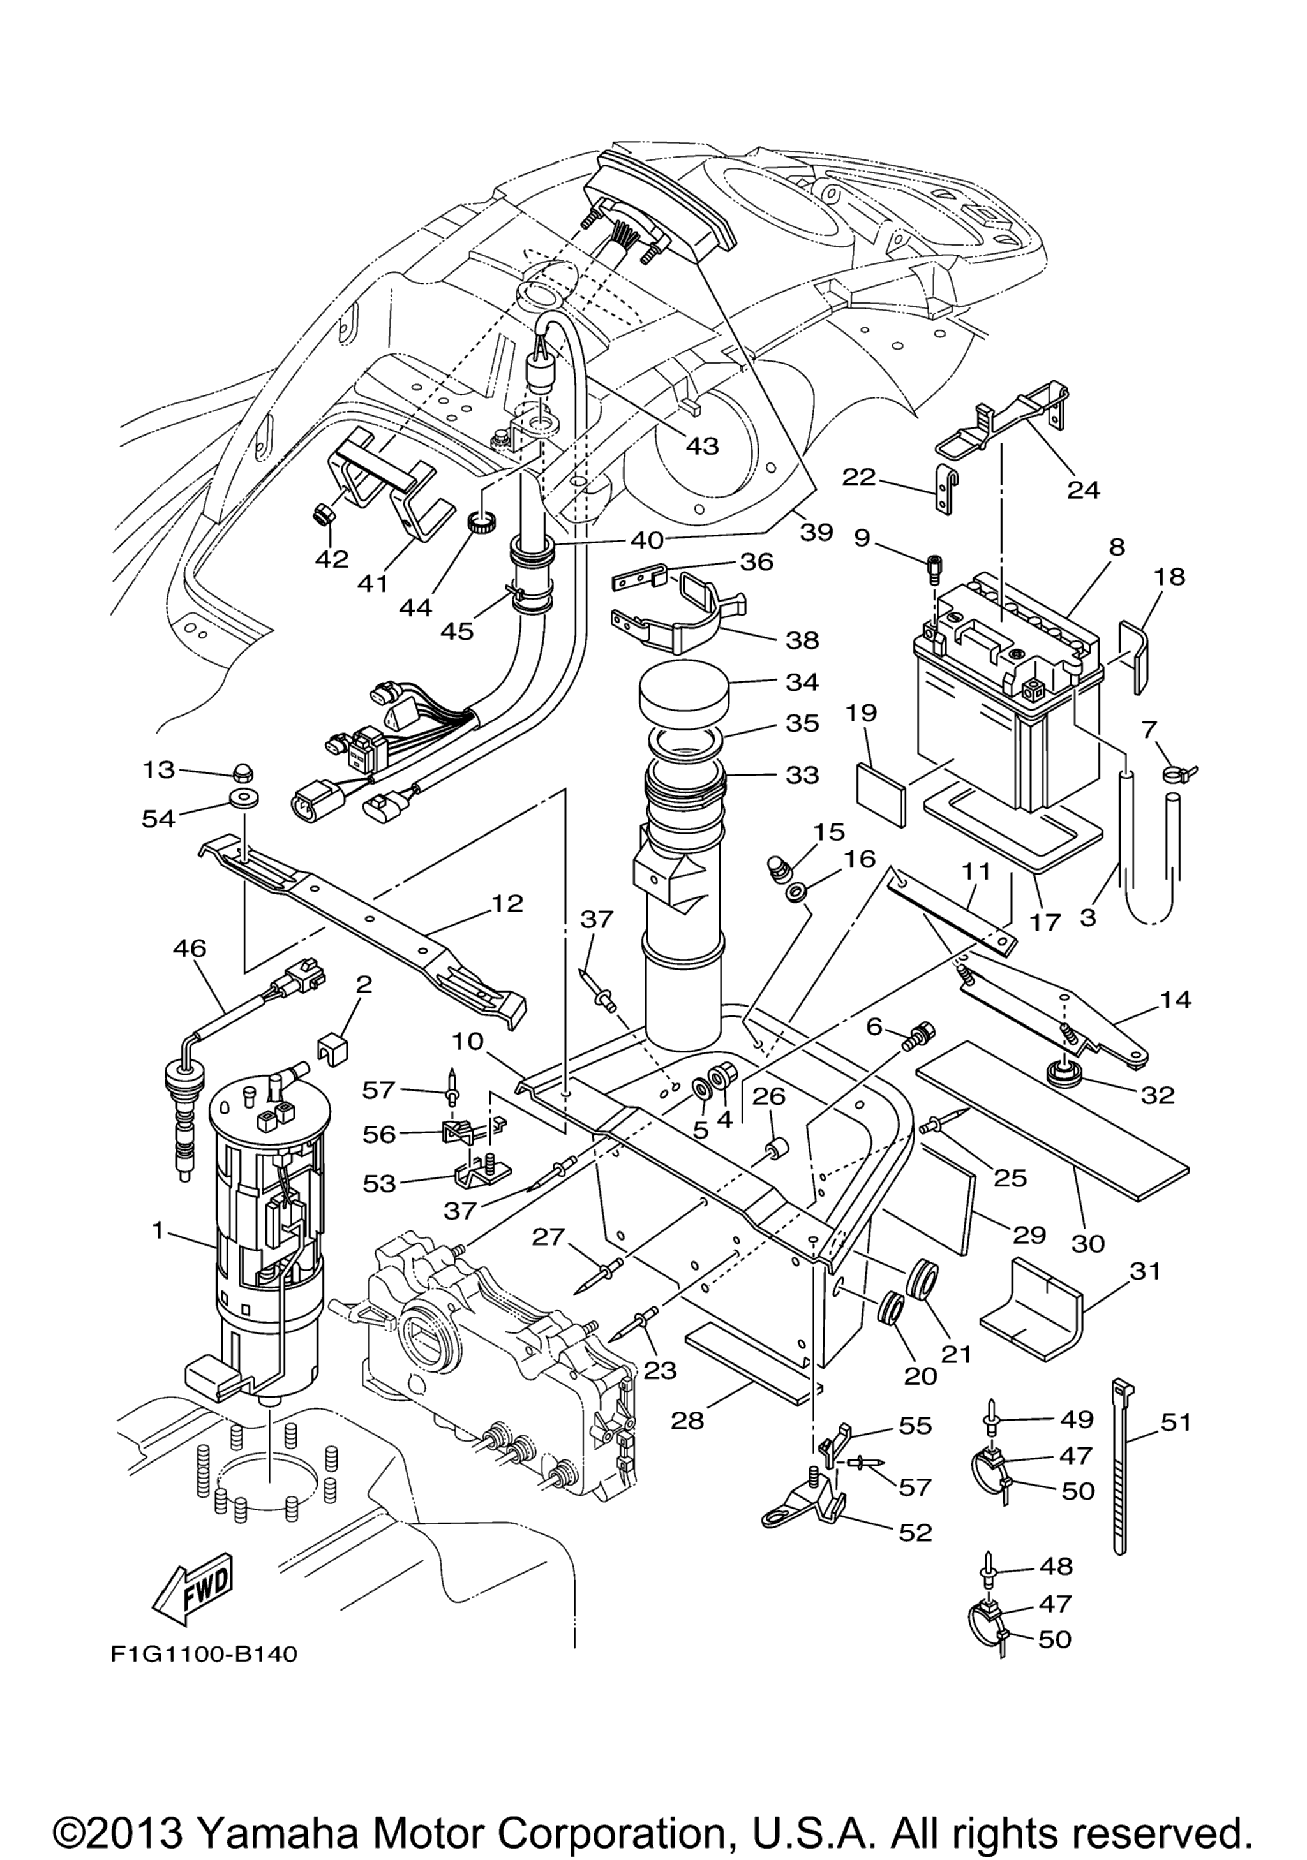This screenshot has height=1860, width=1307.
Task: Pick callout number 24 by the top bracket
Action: [x=1084, y=489]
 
